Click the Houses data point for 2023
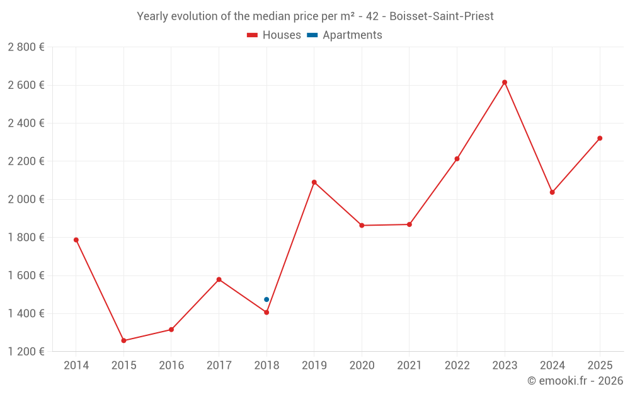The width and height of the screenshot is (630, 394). [x=505, y=82]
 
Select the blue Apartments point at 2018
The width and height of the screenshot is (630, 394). [x=266, y=299]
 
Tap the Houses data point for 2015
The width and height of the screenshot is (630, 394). [x=123, y=340]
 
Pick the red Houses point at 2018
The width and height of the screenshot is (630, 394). [x=266, y=312]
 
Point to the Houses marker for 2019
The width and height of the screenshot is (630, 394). [x=314, y=182]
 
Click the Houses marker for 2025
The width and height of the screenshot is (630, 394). [x=600, y=138]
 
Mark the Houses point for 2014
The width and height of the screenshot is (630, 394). [x=76, y=240]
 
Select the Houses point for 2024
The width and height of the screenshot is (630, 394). [x=552, y=192]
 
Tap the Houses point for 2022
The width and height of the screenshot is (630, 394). [x=457, y=159]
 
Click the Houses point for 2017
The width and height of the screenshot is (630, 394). [x=219, y=279]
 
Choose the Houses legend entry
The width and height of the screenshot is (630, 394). [x=274, y=35]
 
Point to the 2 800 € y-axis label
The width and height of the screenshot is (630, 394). [x=26, y=47]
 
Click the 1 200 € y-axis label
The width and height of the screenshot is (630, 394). [x=26, y=352]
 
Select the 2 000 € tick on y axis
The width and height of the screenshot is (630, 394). [x=26, y=199]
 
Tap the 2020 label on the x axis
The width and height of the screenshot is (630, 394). [x=362, y=366]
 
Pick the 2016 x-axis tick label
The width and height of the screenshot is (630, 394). [x=171, y=366]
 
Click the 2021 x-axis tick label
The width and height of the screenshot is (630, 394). [x=409, y=366]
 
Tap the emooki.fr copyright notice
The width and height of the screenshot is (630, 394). [x=575, y=381]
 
